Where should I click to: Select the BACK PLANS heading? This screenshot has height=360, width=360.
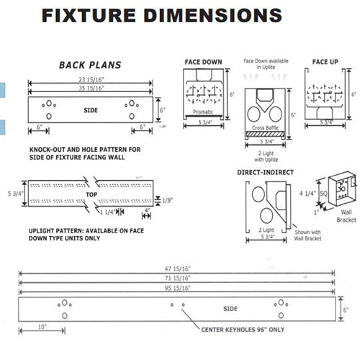[x=89, y=66]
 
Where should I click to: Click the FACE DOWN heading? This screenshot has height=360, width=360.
[x=202, y=62]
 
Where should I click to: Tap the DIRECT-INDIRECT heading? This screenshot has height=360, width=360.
[x=267, y=174]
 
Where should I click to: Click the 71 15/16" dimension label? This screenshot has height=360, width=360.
[x=176, y=276]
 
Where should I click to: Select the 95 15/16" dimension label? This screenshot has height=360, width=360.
[x=176, y=287]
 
